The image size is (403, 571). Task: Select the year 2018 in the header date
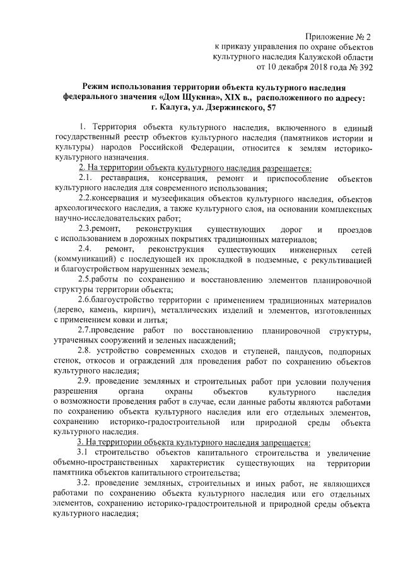tap(312, 66)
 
